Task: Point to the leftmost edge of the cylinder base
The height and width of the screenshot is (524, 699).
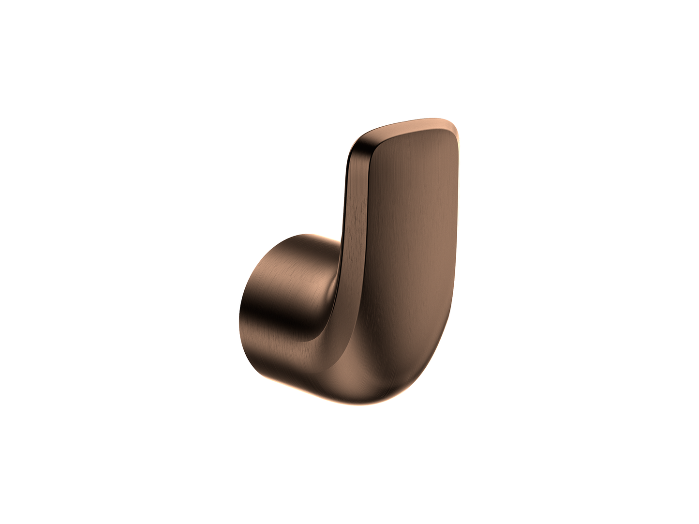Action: click(240, 310)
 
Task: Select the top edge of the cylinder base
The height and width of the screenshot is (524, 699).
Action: click(300, 236)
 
